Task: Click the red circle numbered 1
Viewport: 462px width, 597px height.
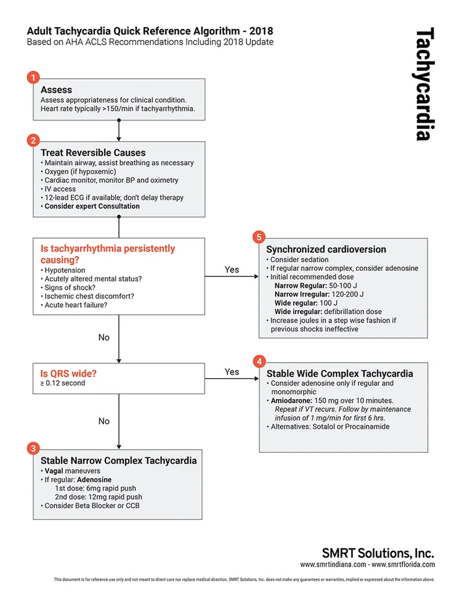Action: (33, 78)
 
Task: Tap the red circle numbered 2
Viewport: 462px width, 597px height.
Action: (33, 141)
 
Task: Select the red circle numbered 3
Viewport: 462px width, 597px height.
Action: (33, 448)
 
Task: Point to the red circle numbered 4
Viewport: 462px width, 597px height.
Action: (259, 361)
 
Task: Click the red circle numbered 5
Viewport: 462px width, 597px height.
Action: (259, 237)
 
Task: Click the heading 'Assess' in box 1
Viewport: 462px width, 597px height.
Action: (56, 90)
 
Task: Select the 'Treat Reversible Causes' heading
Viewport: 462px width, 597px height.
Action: (93, 153)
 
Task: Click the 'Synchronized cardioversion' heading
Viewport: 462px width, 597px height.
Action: (326, 250)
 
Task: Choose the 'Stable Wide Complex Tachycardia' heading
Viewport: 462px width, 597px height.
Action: (339, 374)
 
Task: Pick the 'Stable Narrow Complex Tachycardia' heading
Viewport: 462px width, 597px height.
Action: (119, 460)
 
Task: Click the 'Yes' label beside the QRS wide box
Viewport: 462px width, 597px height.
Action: (232, 372)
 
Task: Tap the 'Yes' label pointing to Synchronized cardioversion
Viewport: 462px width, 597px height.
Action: (232, 270)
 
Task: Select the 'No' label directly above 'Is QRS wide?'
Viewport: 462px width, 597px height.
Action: (104, 337)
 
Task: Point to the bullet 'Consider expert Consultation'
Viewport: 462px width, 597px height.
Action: (92, 206)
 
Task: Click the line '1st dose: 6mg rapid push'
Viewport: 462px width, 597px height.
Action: (99, 488)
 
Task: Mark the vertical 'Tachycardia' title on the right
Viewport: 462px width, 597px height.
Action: (424, 84)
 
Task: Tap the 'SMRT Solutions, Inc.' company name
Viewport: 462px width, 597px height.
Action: (378, 553)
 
